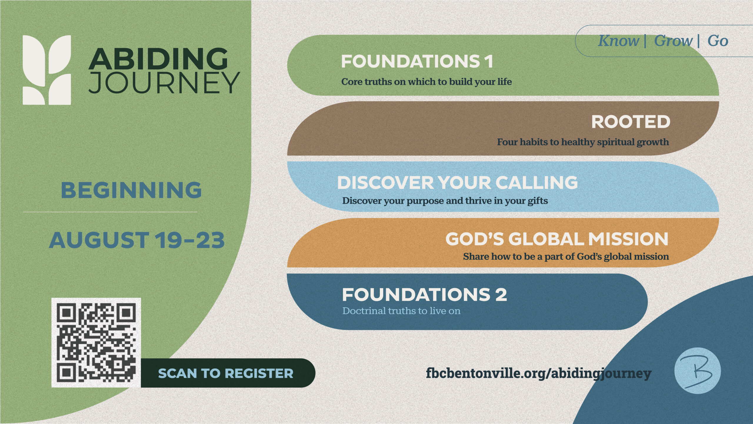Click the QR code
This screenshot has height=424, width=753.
click(x=96, y=342)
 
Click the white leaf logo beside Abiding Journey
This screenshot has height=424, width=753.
click(x=47, y=70)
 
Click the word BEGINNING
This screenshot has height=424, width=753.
click(x=131, y=190)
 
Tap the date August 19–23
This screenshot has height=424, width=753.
click(x=137, y=240)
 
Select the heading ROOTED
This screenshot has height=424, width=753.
click(x=631, y=122)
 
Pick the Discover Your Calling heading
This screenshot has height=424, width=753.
click(x=458, y=183)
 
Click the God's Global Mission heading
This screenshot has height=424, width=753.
click(x=557, y=239)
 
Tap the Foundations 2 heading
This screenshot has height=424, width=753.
click(x=424, y=294)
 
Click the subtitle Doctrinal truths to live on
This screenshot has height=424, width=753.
click(x=401, y=311)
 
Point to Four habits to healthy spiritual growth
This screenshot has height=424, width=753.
click(x=583, y=142)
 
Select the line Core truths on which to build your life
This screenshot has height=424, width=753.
click(x=427, y=82)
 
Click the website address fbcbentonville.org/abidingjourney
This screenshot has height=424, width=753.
click(x=539, y=374)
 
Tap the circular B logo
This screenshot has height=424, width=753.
click(x=698, y=371)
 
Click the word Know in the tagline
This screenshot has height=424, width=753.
click(x=618, y=41)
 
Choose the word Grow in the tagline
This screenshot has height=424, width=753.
click(x=673, y=41)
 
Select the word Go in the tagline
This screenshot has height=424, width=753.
click(x=718, y=41)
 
